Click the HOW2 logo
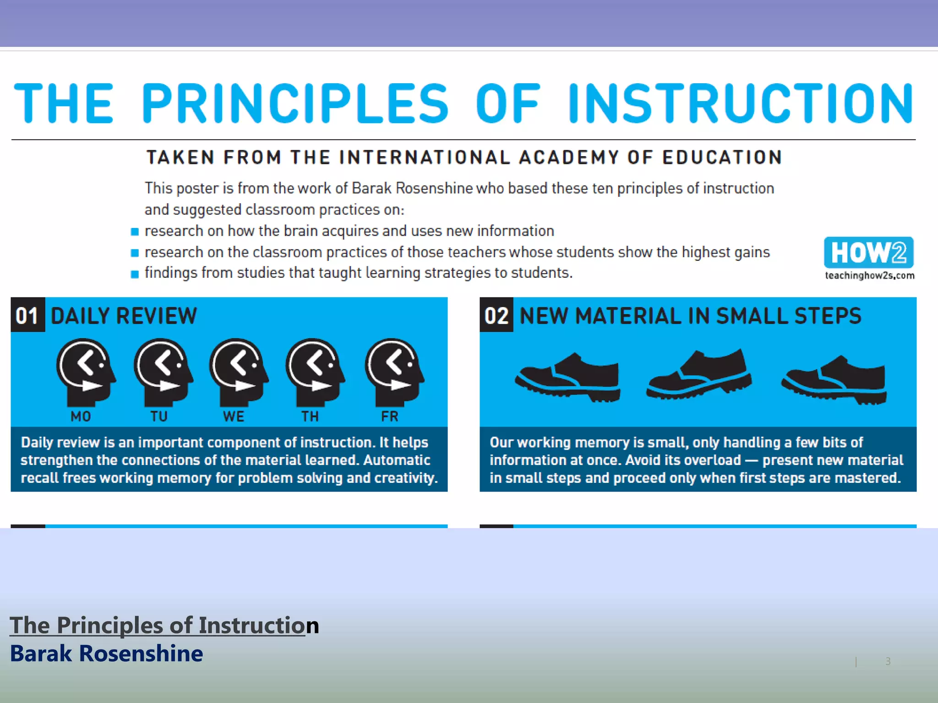tap(868, 252)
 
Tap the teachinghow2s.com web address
tap(869, 276)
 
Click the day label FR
tap(390, 416)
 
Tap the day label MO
tap(81, 416)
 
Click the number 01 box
tap(27, 315)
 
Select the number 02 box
tap(496, 315)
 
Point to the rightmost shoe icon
tap(834, 379)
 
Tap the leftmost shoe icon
tap(568, 377)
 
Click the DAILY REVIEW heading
tap(124, 316)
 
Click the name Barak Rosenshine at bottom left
tap(106, 653)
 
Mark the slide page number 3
tap(888, 661)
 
